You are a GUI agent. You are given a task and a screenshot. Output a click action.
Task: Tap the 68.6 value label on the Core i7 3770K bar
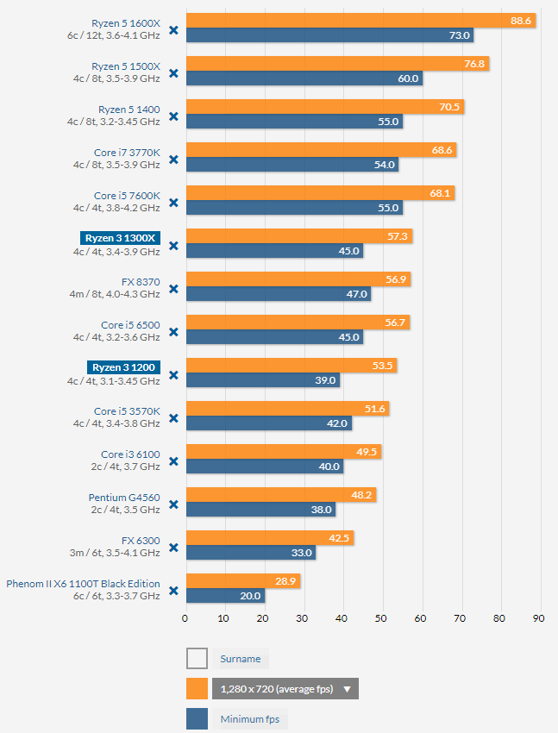click(x=442, y=150)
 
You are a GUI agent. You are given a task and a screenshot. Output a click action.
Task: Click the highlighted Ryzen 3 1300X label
click(x=120, y=238)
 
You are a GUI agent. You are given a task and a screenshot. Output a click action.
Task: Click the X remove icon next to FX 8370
click(x=173, y=289)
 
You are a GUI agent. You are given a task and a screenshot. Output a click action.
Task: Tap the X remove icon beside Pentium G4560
click(x=173, y=504)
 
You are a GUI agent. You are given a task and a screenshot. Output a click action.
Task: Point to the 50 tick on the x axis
click(x=381, y=617)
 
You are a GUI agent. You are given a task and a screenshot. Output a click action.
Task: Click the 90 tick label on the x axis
click(x=538, y=617)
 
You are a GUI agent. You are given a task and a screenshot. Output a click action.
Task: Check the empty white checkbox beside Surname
click(x=197, y=659)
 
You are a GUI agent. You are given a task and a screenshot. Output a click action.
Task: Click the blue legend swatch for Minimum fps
click(x=197, y=718)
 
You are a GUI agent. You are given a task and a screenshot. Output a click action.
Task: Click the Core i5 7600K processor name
click(x=127, y=196)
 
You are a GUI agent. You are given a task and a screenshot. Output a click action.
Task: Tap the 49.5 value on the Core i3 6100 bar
click(x=367, y=452)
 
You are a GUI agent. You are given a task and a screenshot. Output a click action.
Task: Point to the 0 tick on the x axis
click(x=185, y=617)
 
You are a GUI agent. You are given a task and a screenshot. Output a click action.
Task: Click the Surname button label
click(x=241, y=659)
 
